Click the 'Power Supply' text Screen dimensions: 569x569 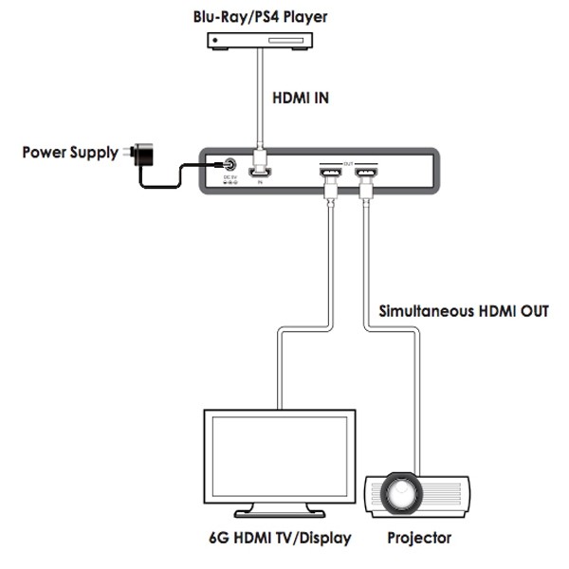(x=71, y=152)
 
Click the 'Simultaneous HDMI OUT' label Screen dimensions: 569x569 (x=464, y=310)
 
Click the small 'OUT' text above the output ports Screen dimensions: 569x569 (x=347, y=161)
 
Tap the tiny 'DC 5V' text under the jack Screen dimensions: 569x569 (x=229, y=177)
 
